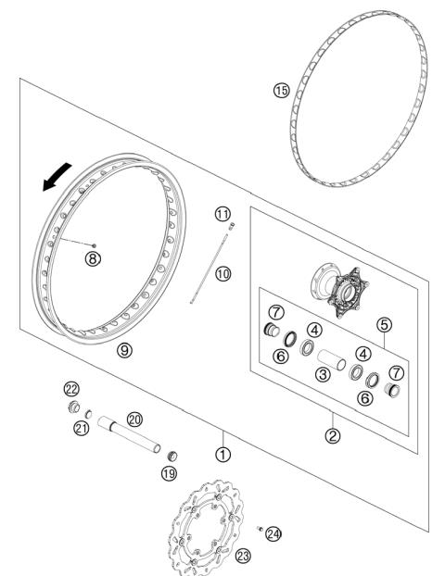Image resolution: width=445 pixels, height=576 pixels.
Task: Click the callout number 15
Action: coord(281,90)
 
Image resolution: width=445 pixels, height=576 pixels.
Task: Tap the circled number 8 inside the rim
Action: coord(91,258)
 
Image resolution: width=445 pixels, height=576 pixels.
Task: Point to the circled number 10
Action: coord(222,274)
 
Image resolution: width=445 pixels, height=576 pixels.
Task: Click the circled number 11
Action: coord(222,214)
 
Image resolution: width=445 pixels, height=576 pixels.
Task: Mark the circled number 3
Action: coord(323,373)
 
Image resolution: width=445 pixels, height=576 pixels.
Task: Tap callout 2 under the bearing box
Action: coord(333,433)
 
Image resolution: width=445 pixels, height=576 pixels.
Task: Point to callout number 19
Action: coord(169,472)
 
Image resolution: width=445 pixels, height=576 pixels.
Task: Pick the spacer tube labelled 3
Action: coord(331,357)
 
